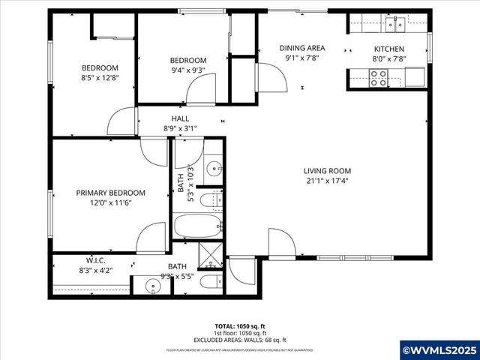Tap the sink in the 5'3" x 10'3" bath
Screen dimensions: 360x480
point(214,167)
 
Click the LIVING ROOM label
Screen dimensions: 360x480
point(327,170)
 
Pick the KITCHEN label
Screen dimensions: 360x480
point(389,49)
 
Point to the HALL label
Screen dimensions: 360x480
point(181,118)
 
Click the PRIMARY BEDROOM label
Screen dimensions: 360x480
point(111,193)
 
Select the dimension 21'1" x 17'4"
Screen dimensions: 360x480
point(327,181)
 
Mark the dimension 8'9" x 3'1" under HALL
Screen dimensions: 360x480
point(181,128)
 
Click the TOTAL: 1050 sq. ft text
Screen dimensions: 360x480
point(240,325)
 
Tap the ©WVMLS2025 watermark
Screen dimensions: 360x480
point(439,350)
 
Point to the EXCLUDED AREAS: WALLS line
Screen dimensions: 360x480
point(240,339)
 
